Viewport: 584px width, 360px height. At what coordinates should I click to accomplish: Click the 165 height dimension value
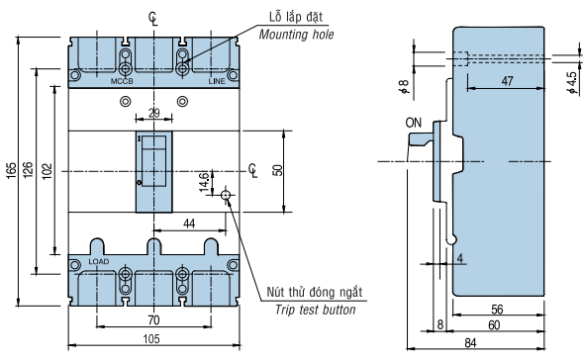pos(12,170)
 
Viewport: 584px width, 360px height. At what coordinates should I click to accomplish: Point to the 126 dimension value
pos(28,170)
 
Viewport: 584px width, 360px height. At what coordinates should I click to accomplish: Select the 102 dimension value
pos(47,171)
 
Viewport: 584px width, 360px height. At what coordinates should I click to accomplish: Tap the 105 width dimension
pos(151,339)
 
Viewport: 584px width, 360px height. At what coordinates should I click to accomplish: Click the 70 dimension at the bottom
pos(153,319)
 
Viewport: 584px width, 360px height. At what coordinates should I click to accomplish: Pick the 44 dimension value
pos(189,224)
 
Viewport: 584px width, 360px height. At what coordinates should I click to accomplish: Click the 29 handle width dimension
pos(153,113)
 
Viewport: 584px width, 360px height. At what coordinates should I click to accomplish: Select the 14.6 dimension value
pos(204,182)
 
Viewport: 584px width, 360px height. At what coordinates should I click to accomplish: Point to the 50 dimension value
pos(278,170)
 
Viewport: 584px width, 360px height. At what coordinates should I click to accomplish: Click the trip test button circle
pos(226,195)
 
